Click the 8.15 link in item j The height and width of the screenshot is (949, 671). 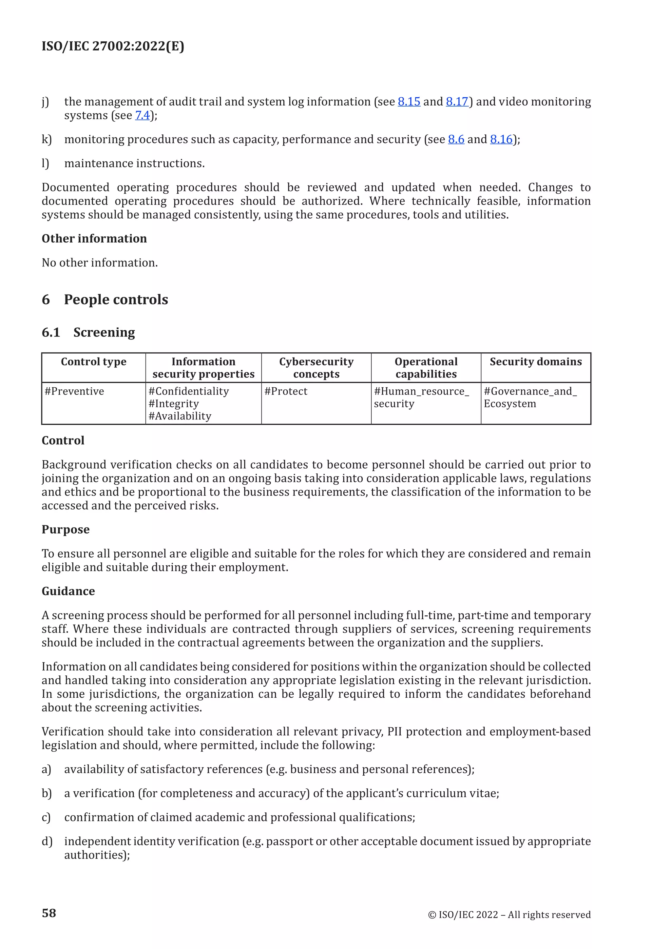pos(409,102)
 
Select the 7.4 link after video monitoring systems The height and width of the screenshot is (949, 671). pos(143,115)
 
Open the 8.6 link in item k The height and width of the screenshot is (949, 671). pos(456,139)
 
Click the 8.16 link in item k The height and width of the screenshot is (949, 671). pos(501,139)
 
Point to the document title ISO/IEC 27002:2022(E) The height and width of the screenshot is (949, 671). pos(113,46)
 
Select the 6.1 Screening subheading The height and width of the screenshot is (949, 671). pos(88,332)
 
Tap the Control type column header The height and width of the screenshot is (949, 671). pos(93,362)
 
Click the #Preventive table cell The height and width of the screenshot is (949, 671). pos(74,391)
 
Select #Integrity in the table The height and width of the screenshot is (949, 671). pos(174,404)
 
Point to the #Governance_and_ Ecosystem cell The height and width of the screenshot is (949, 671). pos(530,397)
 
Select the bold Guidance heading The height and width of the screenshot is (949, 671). pos(68,591)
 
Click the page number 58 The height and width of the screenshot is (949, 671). pos(49,913)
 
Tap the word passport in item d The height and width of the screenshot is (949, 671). pos(289,842)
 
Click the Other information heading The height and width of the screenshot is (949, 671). pos(94,239)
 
